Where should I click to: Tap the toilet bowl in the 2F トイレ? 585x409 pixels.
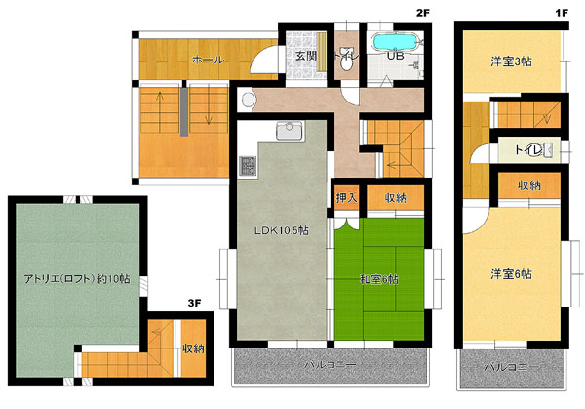point(347,62)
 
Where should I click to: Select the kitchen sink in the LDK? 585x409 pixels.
point(290,131)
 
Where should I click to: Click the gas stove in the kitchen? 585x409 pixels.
point(248,167)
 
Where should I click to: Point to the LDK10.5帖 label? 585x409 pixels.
point(282,230)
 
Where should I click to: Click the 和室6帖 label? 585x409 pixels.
point(379,279)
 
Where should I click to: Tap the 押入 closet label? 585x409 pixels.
point(346,197)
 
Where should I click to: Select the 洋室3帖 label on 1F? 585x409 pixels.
point(511,61)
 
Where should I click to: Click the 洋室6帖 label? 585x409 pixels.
point(511,274)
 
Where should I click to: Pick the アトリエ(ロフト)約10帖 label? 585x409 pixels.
point(77,278)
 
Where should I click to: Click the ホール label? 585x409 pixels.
point(209,60)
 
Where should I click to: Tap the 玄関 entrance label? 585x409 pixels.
point(306,56)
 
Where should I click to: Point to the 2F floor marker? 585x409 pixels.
point(423,13)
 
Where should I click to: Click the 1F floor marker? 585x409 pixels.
point(562,13)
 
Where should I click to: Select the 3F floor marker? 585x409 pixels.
point(194,303)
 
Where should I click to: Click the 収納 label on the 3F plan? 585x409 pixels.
point(193,348)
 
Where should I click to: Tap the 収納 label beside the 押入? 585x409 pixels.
point(396,197)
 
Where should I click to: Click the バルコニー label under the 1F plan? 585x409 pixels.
point(511,367)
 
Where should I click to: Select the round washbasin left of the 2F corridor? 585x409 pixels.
point(248,101)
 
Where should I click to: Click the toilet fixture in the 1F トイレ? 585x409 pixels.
point(547,149)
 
